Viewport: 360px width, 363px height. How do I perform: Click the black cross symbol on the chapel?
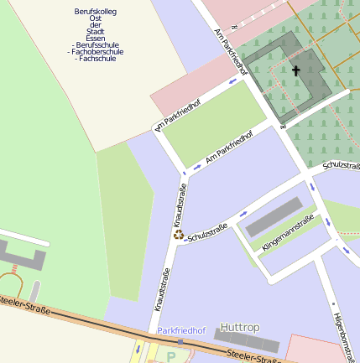295,71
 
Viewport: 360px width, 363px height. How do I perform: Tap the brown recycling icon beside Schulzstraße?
179,236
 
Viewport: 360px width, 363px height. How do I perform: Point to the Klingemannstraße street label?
288,234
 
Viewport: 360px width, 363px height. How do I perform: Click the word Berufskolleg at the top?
96,11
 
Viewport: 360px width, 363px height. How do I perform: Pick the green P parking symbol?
172,356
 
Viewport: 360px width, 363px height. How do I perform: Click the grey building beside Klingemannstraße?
274,218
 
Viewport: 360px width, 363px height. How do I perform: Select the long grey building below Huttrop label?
247,340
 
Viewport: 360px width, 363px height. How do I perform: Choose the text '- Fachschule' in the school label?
96,59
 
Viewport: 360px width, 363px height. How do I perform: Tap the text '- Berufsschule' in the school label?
96,44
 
